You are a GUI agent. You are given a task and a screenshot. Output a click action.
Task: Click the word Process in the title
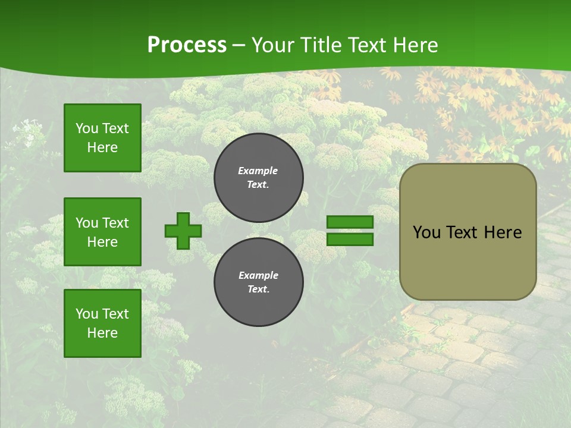pyautogui.click(x=187, y=45)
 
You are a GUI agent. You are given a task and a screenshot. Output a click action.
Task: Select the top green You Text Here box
pyautogui.click(x=102, y=138)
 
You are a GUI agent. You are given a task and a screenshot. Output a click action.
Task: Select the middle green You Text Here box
pyautogui.click(x=102, y=232)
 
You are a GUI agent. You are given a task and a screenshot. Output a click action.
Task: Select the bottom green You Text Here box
pyautogui.click(x=102, y=323)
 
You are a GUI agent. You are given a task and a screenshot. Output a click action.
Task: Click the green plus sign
pyautogui.click(x=183, y=231)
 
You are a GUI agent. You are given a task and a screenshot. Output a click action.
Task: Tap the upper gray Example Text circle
pyautogui.click(x=258, y=178)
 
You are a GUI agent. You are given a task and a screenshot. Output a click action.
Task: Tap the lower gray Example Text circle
pyautogui.click(x=258, y=282)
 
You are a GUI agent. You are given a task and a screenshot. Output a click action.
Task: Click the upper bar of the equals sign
pyautogui.click(x=350, y=222)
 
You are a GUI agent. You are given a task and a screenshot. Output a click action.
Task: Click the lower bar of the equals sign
pyautogui.click(x=350, y=239)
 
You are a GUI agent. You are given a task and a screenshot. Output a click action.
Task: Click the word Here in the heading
pyautogui.click(x=415, y=45)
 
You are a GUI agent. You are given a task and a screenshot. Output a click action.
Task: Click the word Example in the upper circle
pyautogui.click(x=258, y=171)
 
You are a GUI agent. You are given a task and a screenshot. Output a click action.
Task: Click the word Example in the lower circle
pyautogui.click(x=258, y=275)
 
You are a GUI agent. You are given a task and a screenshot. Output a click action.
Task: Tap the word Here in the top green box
pyautogui.click(x=102, y=147)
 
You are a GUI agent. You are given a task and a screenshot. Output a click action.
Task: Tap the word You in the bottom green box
pyautogui.click(x=86, y=314)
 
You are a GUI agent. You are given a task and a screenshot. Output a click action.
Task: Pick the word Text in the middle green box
pyautogui.click(x=115, y=223)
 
